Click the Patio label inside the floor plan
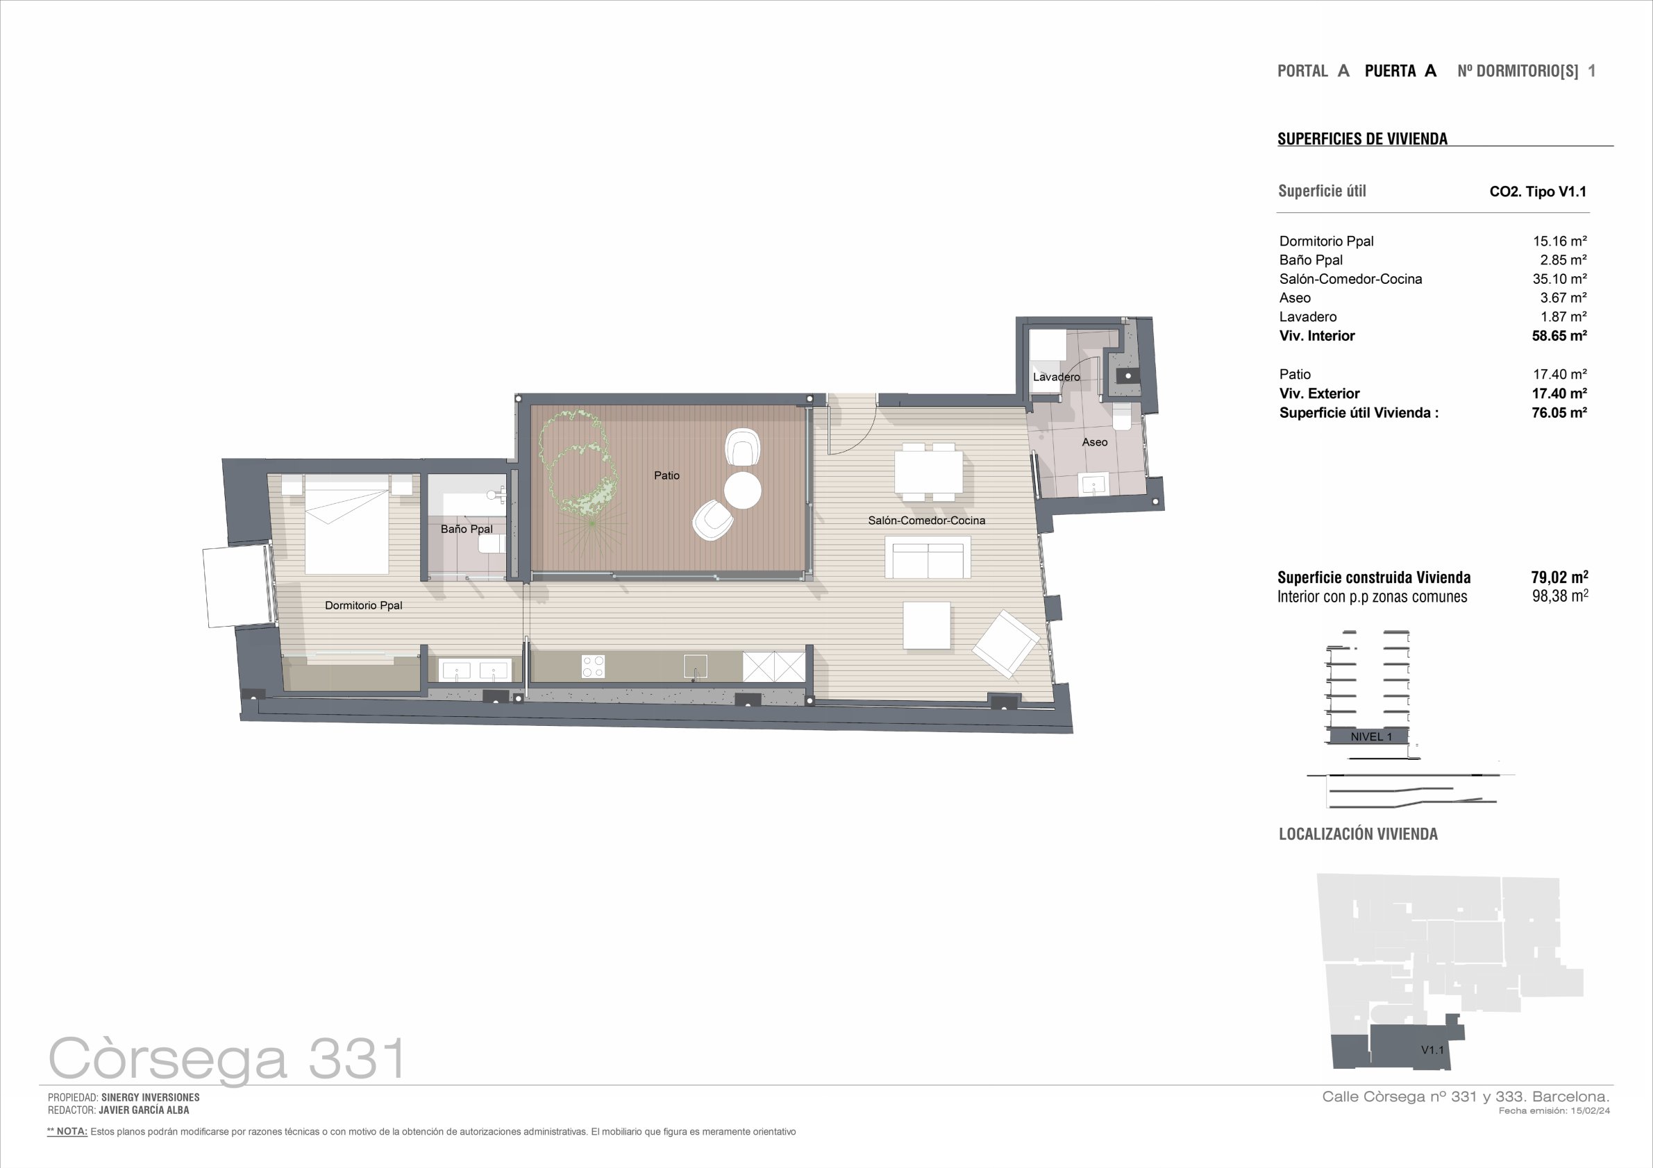click(x=666, y=475)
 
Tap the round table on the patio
click(x=742, y=490)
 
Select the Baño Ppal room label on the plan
click(x=467, y=529)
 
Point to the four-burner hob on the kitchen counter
click(x=594, y=666)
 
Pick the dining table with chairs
click(x=928, y=471)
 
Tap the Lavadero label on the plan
click(x=1056, y=377)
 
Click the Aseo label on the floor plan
click(x=1094, y=442)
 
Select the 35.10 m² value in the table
click(x=1559, y=278)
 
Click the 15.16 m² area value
click(x=1559, y=241)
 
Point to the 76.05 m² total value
click(x=1559, y=412)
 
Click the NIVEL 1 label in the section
click(x=1372, y=737)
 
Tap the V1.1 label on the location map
click(x=1432, y=1050)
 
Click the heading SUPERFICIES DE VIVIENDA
click(x=1362, y=139)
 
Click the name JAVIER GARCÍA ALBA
click(x=144, y=1110)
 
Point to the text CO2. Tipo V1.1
click(x=1538, y=192)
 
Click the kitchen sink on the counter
click(x=696, y=667)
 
